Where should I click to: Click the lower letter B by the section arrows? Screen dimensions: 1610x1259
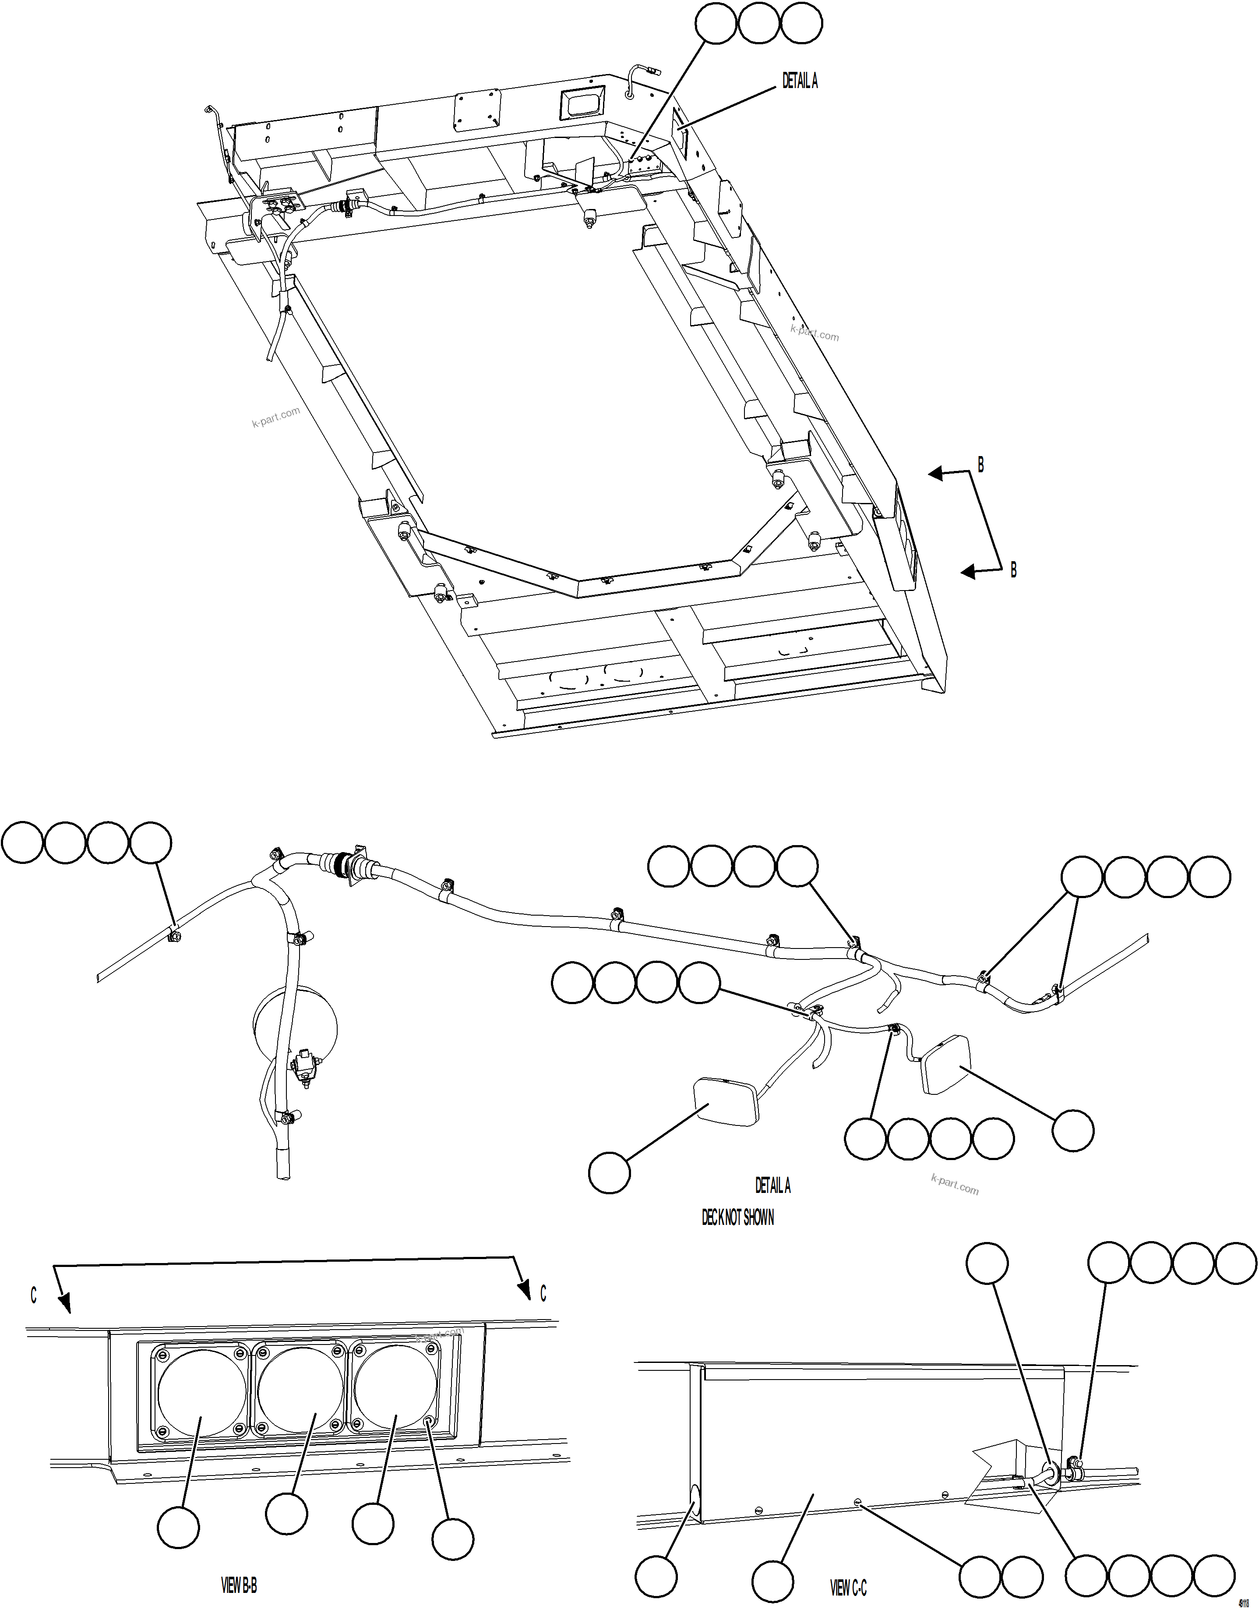[x=1013, y=570]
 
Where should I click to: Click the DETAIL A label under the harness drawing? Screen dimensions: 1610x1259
[x=772, y=1185]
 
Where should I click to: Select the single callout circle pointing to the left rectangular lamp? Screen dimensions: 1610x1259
[x=610, y=1173]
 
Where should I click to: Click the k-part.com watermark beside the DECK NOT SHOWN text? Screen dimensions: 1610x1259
[x=955, y=1185]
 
